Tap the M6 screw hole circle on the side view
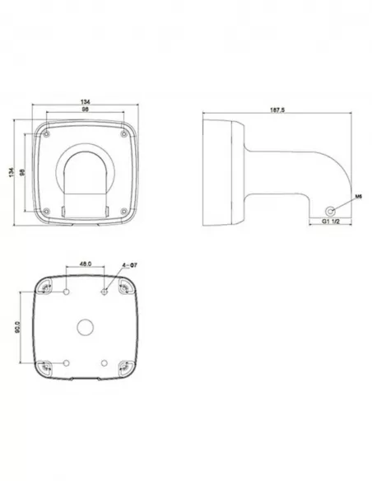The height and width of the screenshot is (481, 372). (331, 208)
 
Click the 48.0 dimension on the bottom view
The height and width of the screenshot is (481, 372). (84, 264)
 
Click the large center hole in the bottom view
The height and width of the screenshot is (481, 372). (86, 326)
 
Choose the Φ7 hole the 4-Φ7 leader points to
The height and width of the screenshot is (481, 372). (104, 291)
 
